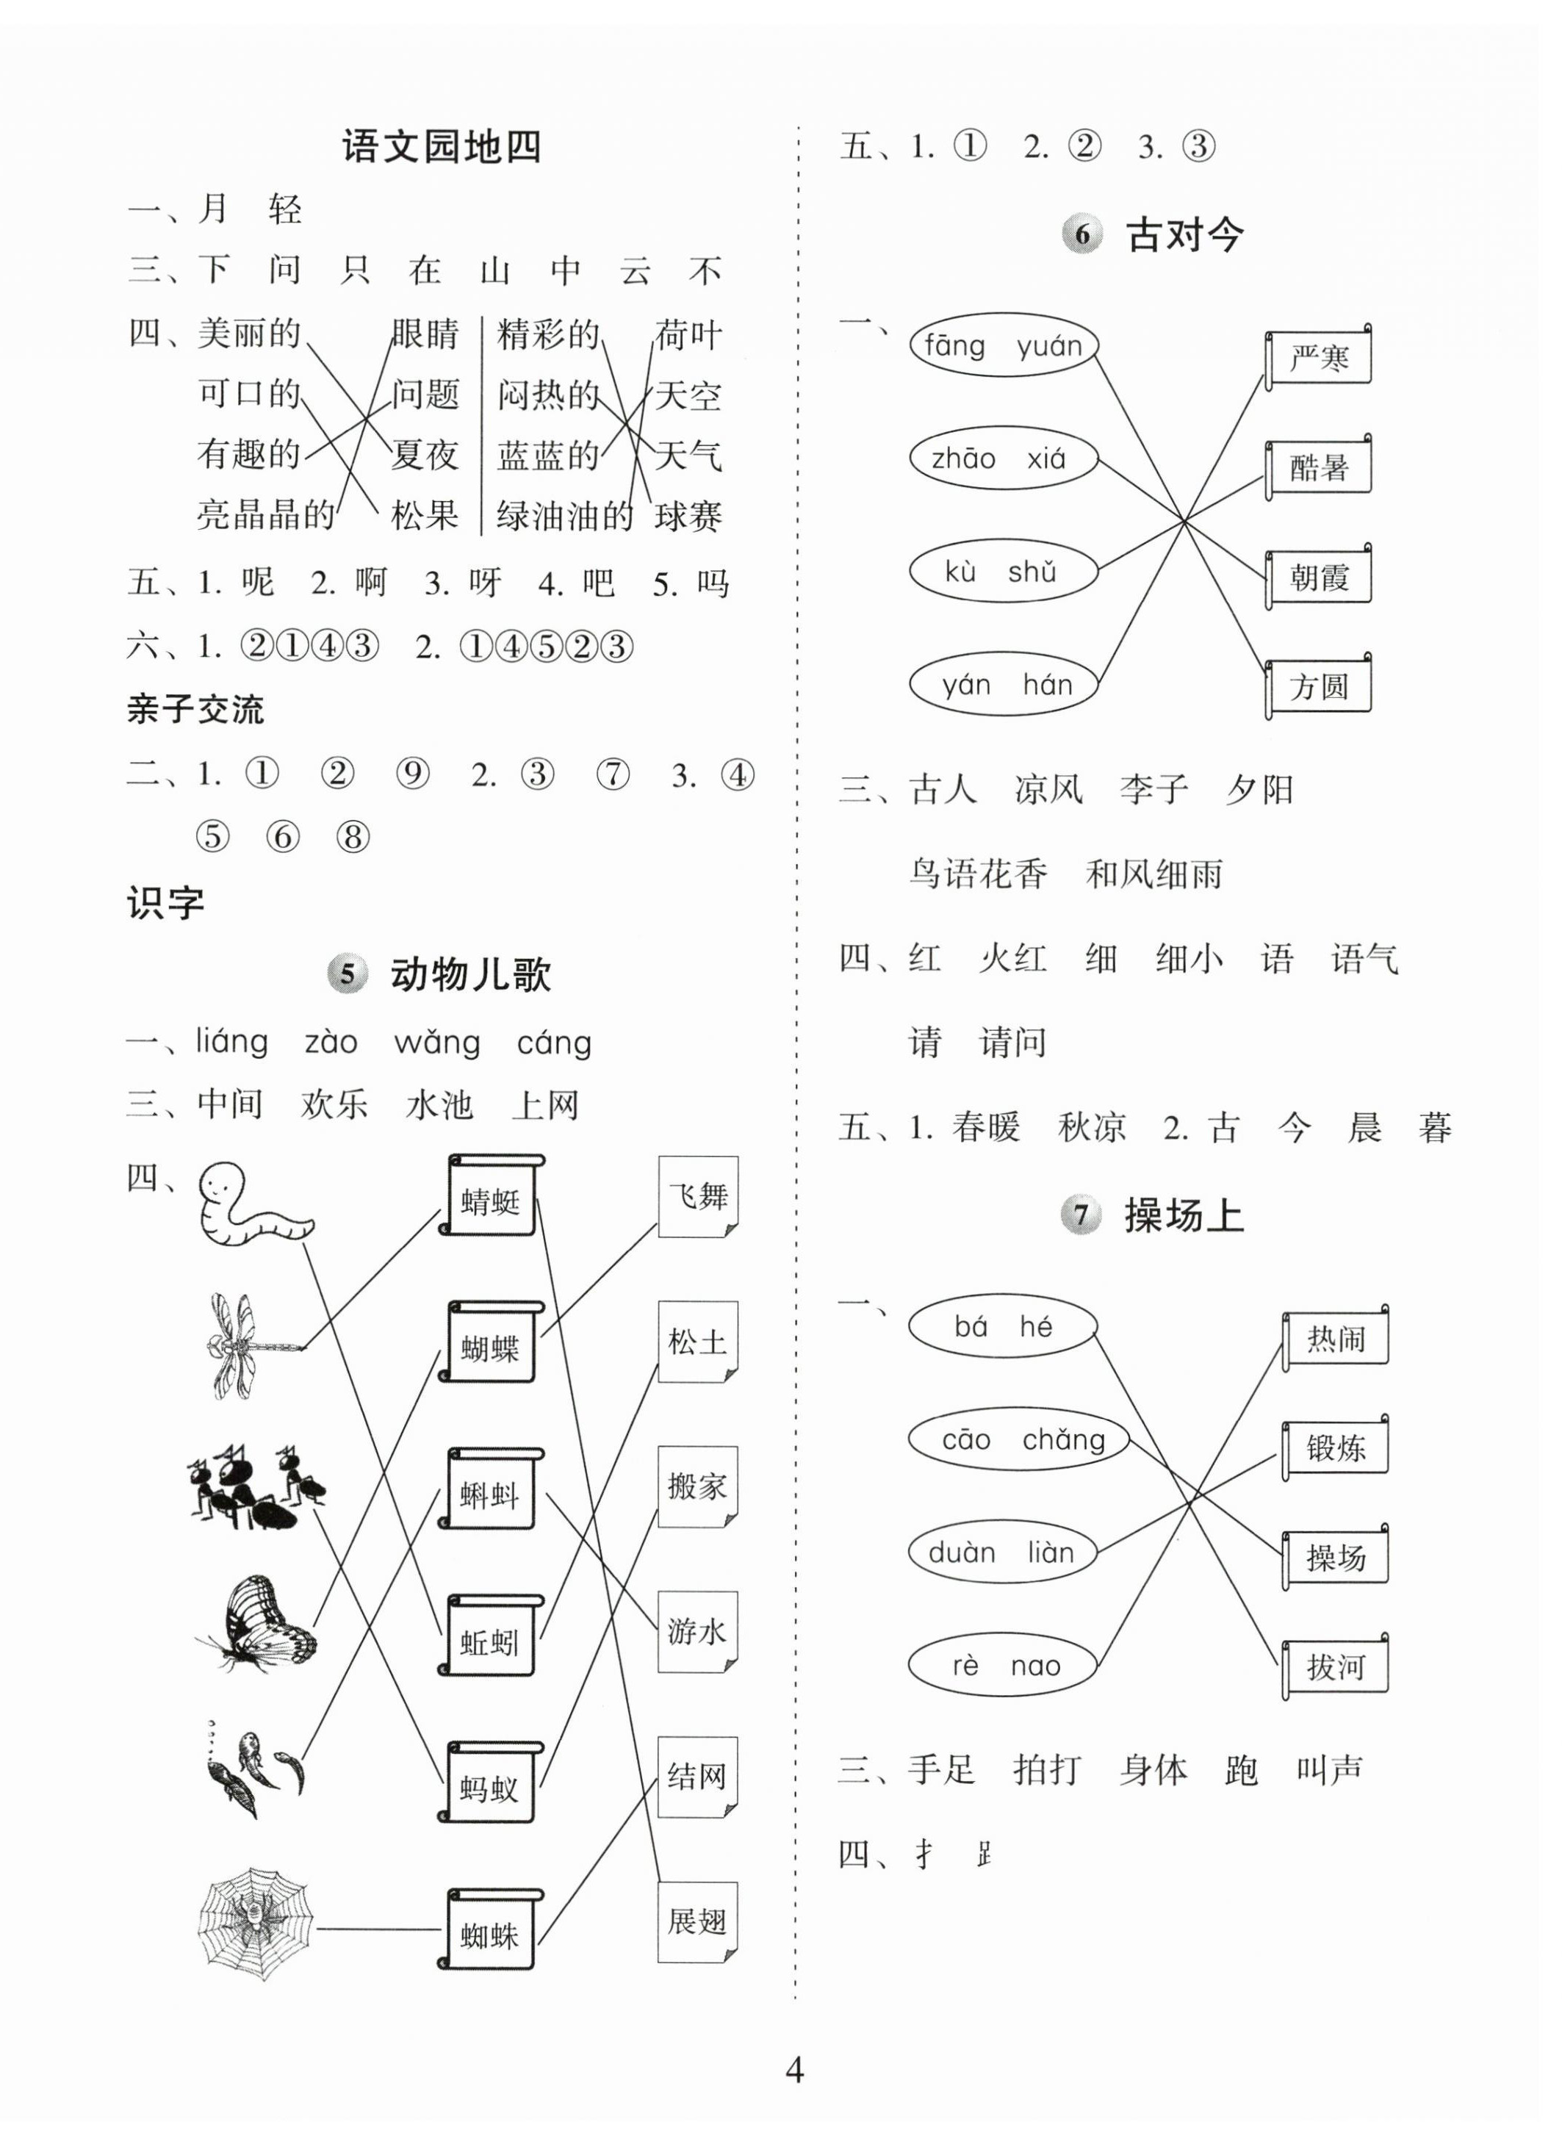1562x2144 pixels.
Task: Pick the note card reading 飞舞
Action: click(698, 1197)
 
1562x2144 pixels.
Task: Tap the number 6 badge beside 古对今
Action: click(1081, 234)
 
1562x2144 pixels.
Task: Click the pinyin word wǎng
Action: click(437, 1043)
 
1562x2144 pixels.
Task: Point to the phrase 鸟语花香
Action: click(978, 874)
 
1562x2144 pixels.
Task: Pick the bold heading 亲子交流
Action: click(195, 709)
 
